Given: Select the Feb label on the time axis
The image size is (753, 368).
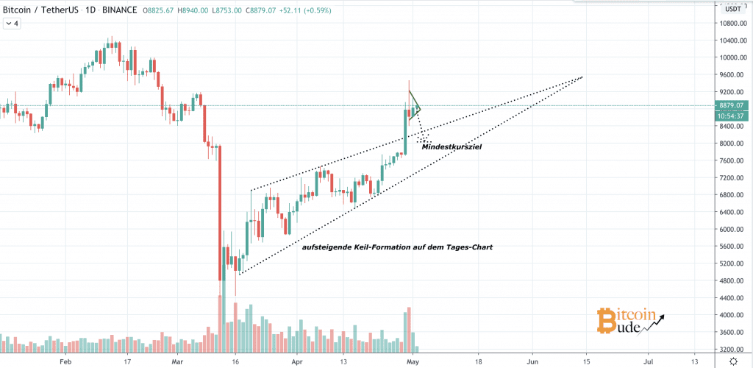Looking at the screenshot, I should [x=66, y=362].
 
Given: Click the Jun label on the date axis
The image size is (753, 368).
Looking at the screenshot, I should [x=532, y=362].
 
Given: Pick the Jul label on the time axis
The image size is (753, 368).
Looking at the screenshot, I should [x=649, y=362].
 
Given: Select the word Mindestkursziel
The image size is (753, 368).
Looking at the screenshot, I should [x=452, y=147].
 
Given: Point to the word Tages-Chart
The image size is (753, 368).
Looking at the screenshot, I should [x=466, y=247].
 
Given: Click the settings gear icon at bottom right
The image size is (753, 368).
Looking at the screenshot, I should [x=734, y=361].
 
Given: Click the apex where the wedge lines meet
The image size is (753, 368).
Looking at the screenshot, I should [x=583, y=77].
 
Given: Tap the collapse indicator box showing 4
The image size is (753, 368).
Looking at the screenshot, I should [x=12, y=24].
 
